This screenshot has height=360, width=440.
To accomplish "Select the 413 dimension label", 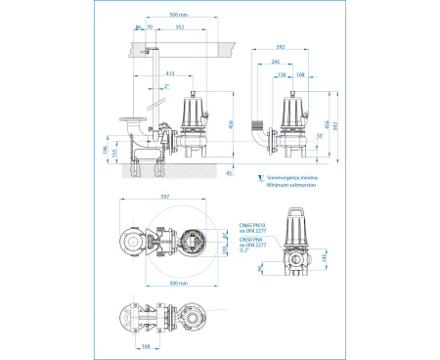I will click(169, 72).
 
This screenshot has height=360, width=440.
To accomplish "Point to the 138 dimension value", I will click(282, 74).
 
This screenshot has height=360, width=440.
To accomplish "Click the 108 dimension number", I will click(300, 74).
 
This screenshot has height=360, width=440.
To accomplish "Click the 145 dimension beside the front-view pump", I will click(325, 256).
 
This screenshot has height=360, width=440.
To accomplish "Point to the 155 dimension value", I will click(114, 152).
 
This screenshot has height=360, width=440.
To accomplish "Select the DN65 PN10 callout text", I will click(252, 224).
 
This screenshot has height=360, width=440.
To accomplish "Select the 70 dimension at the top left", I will click(150, 27).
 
